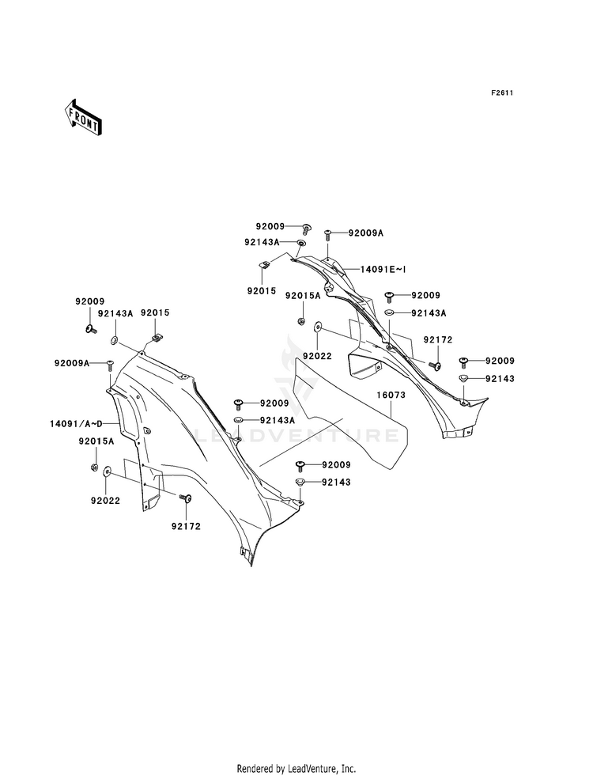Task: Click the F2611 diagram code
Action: coord(501,93)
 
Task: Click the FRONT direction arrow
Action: coord(82,117)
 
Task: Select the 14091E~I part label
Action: coord(383,270)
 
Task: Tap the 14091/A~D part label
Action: coord(76,424)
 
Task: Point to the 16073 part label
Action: coord(391,395)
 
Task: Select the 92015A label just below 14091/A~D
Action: coord(96,441)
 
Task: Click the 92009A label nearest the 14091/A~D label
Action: coord(72,363)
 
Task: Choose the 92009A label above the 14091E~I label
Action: coord(366,233)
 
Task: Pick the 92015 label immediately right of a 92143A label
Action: coord(155,312)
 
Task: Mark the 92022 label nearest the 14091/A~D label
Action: coord(105,501)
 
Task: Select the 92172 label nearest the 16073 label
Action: coord(438,340)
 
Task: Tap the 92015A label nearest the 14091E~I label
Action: coord(303,296)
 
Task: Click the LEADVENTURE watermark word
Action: coord(296,436)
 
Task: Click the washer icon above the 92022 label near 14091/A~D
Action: coord(108,472)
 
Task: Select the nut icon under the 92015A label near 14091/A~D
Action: coord(93,467)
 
